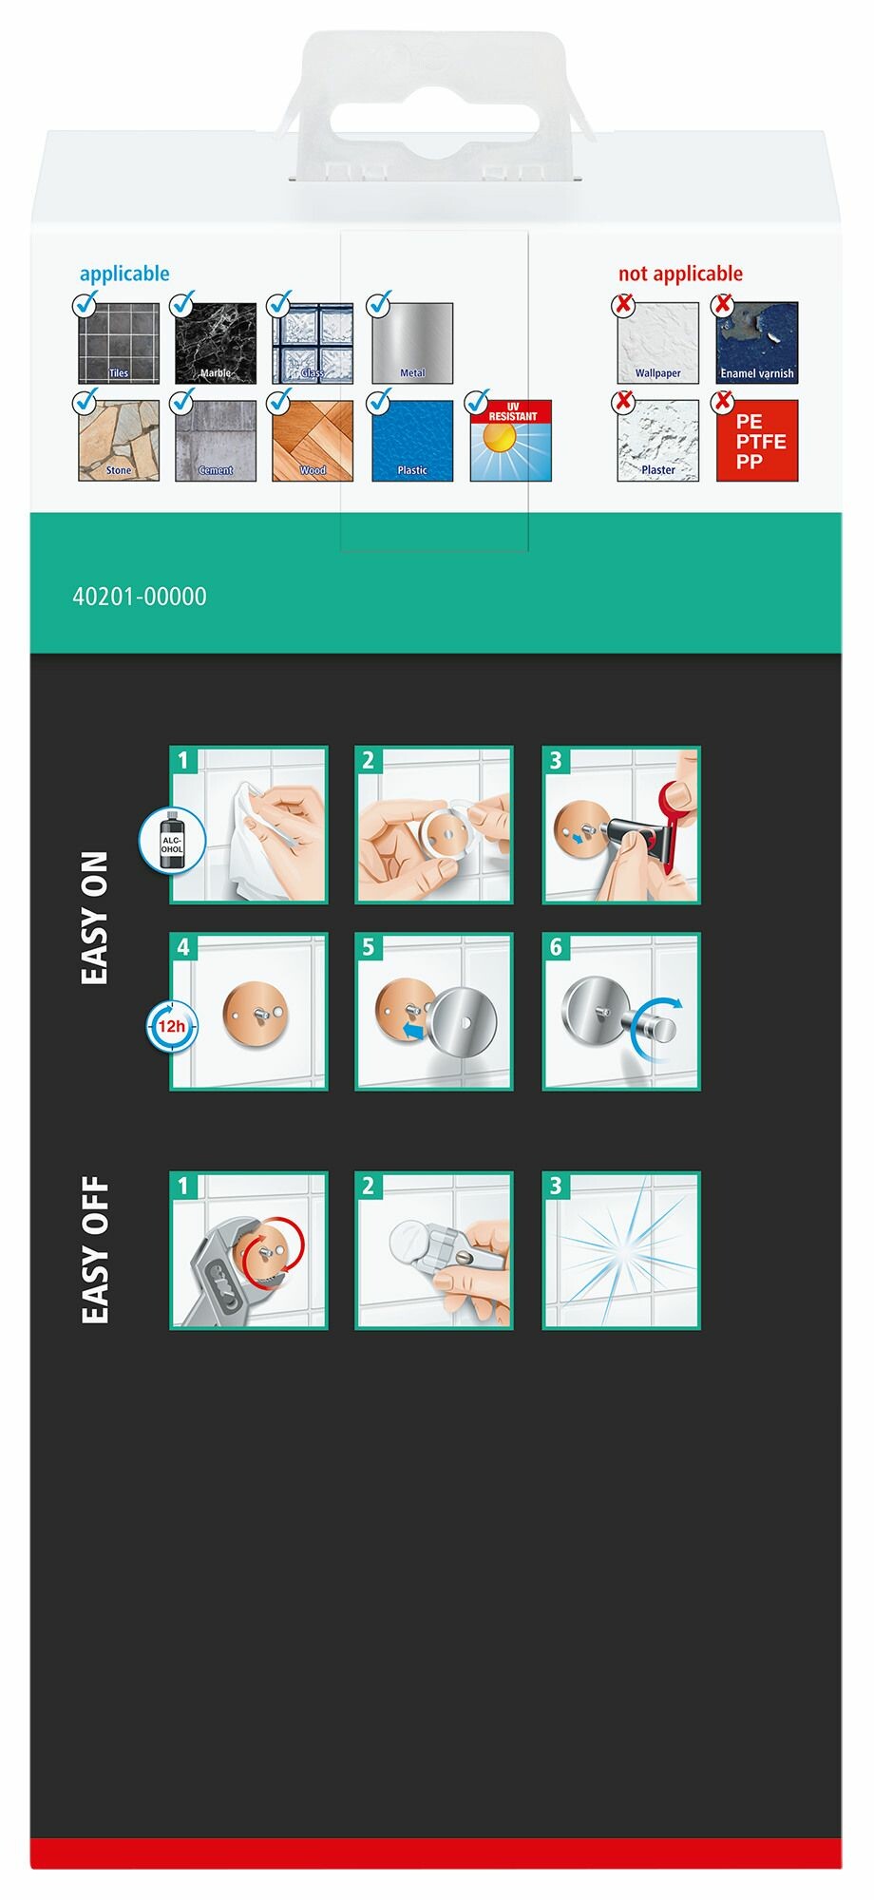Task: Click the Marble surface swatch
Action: point(216,343)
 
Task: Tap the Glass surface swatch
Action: point(313,343)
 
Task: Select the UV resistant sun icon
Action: point(511,441)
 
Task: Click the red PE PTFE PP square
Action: point(757,441)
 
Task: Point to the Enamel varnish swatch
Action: point(757,343)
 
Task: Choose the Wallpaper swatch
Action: point(657,343)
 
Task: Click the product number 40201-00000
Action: point(140,597)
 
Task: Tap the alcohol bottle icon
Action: point(172,840)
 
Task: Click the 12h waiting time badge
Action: point(172,1026)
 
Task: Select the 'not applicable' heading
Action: point(680,275)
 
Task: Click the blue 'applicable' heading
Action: point(124,275)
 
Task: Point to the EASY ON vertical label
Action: point(95,918)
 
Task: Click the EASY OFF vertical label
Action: point(95,1250)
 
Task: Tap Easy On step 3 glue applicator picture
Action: point(621,825)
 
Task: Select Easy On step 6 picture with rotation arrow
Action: point(621,1012)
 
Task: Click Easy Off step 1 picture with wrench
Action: point(249,1250)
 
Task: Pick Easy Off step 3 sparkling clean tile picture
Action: point(621,1250)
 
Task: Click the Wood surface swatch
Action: point(313,441)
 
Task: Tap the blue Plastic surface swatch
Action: point(412,441)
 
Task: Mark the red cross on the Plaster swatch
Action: point(623,403)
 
